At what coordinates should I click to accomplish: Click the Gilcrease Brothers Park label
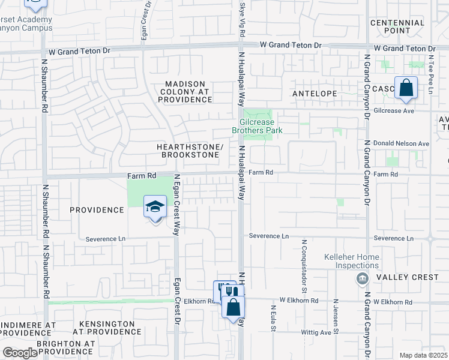tap(258, 125)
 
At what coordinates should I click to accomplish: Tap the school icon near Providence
tap(155, 208)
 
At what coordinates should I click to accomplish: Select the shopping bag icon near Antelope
tap(406, 88)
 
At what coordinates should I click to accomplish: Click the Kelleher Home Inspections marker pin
tap(362, 278)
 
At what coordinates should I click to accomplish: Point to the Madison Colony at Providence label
tap(185, 92)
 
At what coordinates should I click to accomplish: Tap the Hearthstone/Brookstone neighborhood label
tap(189, 151)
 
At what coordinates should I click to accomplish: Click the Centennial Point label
tap(397, 26)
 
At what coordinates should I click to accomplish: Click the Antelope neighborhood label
tap(316, 94)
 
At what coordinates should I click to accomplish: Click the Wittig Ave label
tap(318, 332)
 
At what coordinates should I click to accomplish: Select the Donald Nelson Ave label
tap(402, 143)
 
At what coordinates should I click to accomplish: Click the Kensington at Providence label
tap(104, 328)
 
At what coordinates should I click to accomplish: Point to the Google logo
tap(20, 353)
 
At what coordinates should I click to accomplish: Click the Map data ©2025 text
tap(423, 355)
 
